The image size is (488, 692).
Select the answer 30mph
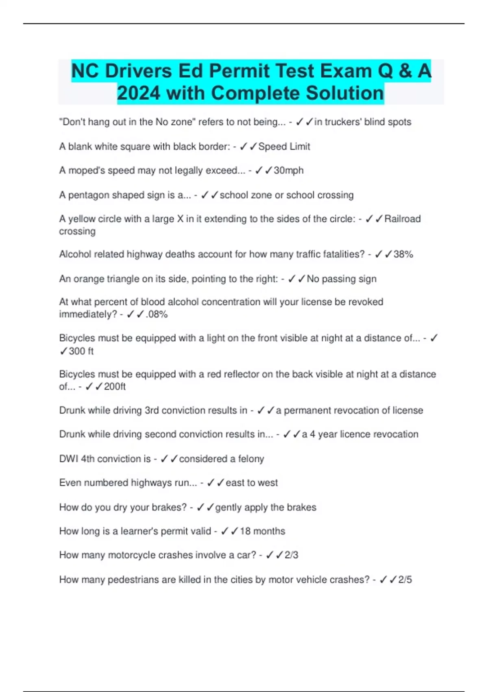click(x=289, y=170)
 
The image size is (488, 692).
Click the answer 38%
click(x=403, y=254)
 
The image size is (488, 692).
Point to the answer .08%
click(x=157, y=314)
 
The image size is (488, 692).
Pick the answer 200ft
click(x=115, y=386)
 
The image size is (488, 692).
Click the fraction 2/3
click(x=291, y=555)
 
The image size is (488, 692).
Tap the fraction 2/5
click(x=405, y=579)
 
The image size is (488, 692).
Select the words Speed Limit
click(x=284, y=147)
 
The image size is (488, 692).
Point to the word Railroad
click(x=403, y=219)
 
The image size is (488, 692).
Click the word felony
click(x=251, y=459)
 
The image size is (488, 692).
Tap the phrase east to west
click(x=252, y=483)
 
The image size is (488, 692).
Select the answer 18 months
click(x=262, y=531)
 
